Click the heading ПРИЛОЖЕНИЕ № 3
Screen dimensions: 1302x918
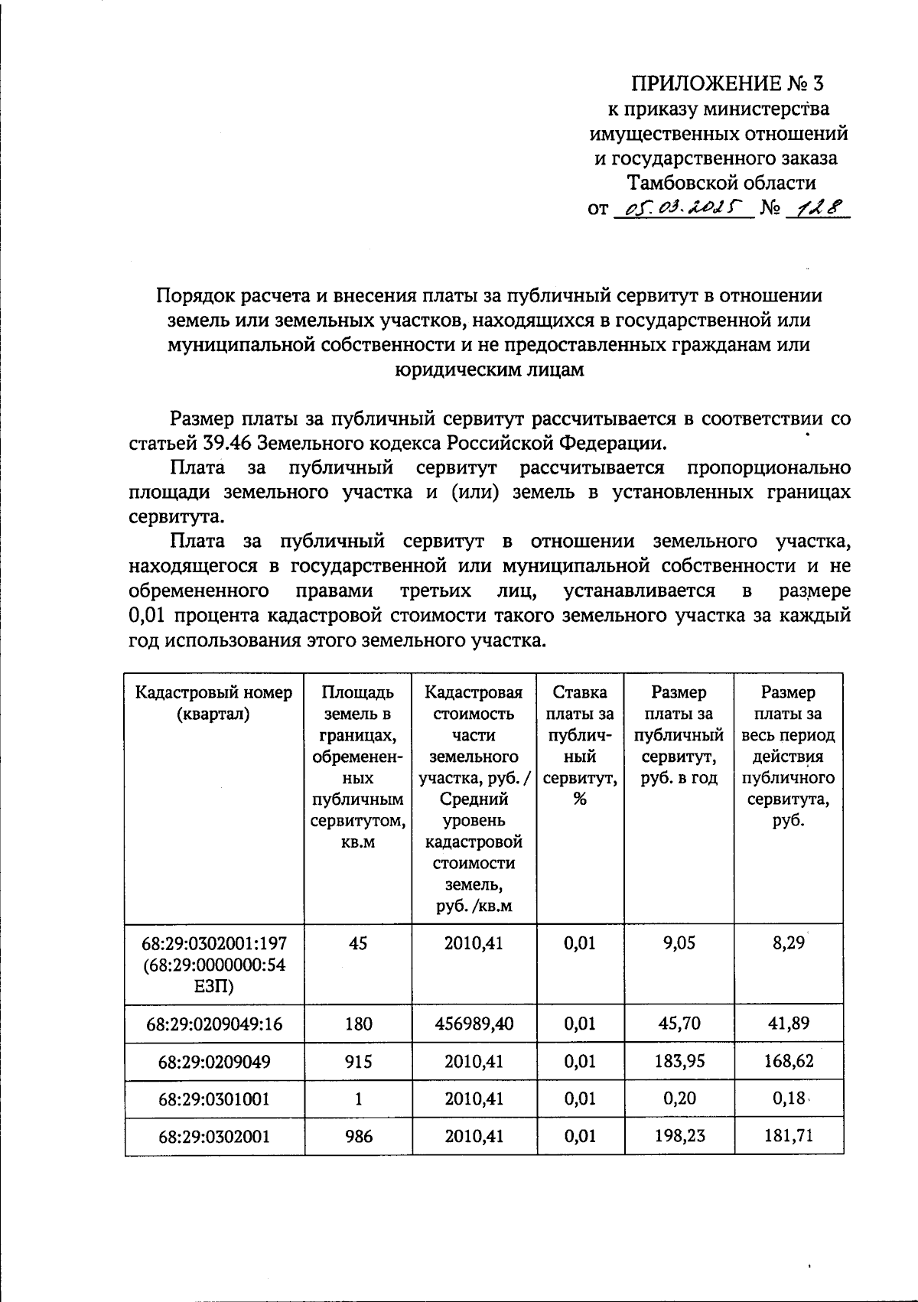click(x=728, y=83)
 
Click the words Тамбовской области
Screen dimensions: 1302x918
click(x=721, y=183)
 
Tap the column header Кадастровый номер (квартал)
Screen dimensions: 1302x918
click(x=214, y=703)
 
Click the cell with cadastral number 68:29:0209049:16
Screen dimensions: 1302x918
click(x=214, y=1024)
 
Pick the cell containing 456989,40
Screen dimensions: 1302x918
click(x=474, y=1024)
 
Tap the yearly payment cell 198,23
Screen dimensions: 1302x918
click(x=679, y=1136)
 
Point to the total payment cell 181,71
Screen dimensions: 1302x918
click(x=788, y=1136)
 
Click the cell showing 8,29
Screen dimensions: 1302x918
click(x=788, y=943)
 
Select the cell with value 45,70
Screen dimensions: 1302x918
click(x=679, y=1024)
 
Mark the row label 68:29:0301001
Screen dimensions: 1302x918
click(x=214, y=1099)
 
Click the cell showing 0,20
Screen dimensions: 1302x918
click(x=679, y=1099)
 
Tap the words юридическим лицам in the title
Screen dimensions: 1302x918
click(x=489, y=369)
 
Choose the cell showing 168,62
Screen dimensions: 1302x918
click(x=788, y=1062)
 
